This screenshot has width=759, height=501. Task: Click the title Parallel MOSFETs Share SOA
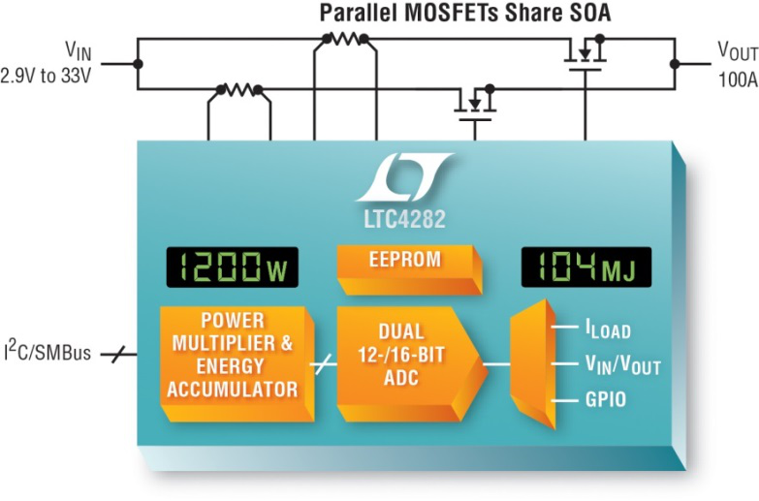point(465,13)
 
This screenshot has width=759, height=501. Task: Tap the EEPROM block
point(409,269)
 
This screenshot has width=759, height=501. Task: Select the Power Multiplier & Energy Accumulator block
point(237,363)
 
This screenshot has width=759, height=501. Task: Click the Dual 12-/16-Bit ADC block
point(411,363)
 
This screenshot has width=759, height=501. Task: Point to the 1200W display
point(233,267)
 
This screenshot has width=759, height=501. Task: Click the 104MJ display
point(586,267)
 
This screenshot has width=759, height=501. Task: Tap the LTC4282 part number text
point(404,219)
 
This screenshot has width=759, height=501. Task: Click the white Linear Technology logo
point(405,176)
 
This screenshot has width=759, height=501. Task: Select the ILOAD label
point(609,329)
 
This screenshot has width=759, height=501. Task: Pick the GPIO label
point(606,400)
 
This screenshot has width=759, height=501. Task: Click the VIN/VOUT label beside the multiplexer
point(623,365)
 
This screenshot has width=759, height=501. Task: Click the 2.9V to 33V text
point(46,76)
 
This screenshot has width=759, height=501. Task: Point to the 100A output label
point(739,79)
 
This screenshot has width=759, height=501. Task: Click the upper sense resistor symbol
point(346,38)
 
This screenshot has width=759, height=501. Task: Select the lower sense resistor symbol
point(239,89)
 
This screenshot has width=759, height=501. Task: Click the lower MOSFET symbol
point(476,103)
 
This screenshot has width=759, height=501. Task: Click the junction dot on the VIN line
point(138,64)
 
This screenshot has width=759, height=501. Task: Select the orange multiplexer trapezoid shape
point(532,364)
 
